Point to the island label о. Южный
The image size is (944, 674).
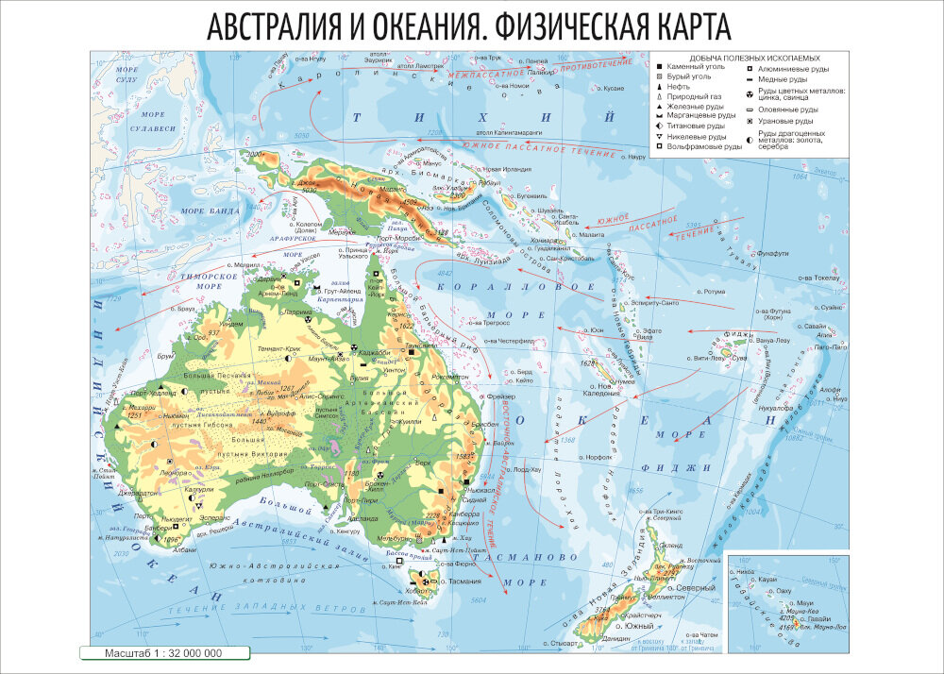639,626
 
